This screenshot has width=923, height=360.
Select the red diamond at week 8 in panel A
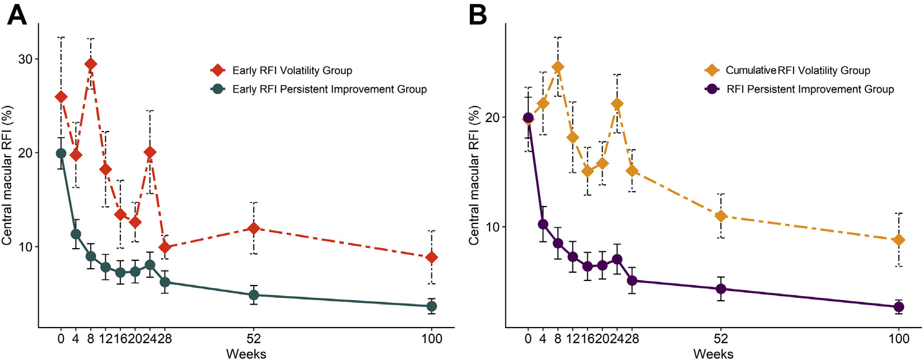pos(90,64)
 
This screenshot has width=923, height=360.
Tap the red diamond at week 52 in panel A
pos(254,228)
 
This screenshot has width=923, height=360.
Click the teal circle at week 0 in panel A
pos(61,153)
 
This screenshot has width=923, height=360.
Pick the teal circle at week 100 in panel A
pos(431,306)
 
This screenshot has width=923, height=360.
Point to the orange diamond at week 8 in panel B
pos(557,67)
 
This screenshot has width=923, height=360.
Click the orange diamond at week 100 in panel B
pos(898,240)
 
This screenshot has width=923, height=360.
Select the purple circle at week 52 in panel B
pos(721,289)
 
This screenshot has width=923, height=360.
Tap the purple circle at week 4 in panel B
pos(543,224)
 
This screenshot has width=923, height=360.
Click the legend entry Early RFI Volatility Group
pos(292,71)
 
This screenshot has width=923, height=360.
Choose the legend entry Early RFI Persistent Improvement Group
pos(329,89)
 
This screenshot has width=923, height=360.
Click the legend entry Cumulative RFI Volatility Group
pos(798,71)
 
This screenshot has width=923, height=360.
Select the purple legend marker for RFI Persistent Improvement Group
pos(711,89)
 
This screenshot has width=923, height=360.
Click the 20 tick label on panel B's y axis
pos(492,118)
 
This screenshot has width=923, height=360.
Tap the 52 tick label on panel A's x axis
pos(254,339)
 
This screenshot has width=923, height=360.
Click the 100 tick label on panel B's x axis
pos(898,339)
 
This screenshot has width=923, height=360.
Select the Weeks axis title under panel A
pos(246,353)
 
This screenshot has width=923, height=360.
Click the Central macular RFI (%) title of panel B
pos(474,176)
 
